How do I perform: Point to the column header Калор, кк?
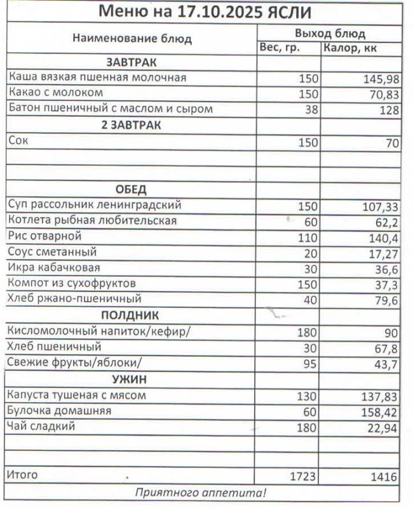pos(351,48)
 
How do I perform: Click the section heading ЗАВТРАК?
pos(131,62)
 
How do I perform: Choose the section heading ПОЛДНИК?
pos(130,315)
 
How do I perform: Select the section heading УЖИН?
pos(130,379)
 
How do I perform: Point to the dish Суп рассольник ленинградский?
pos(95,205)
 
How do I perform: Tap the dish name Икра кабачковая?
pos(54,267)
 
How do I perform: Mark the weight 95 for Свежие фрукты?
pos(309,363)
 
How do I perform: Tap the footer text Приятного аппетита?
pos(201,493)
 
